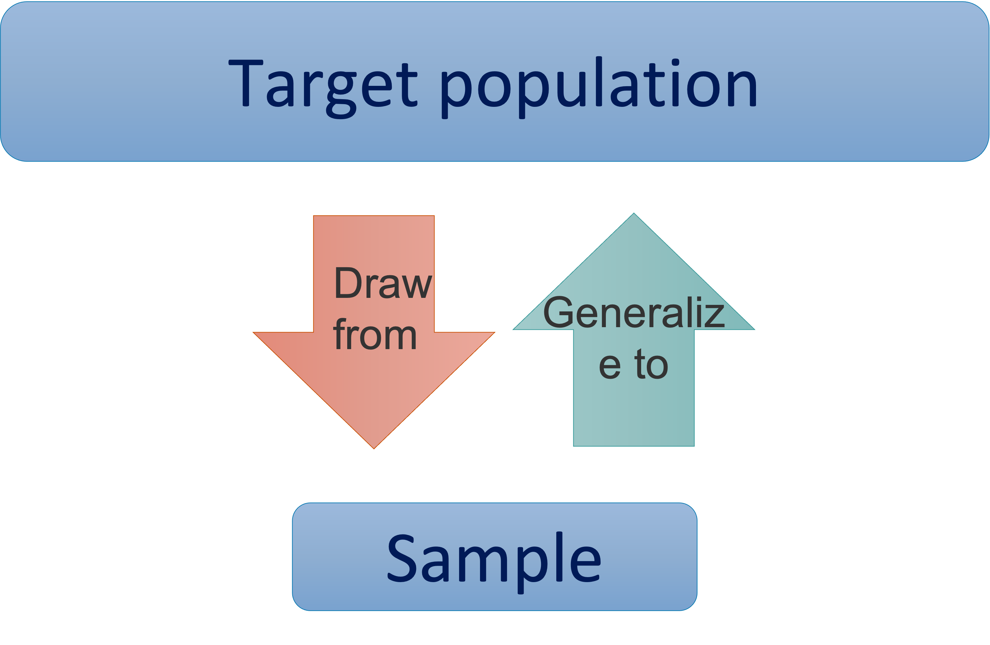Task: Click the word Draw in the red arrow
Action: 383,284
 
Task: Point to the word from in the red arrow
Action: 375,335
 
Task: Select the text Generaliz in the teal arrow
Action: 633,313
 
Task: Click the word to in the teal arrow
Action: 651,364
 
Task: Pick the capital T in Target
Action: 245,83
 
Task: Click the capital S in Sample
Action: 402,558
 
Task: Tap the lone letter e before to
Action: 610,366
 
